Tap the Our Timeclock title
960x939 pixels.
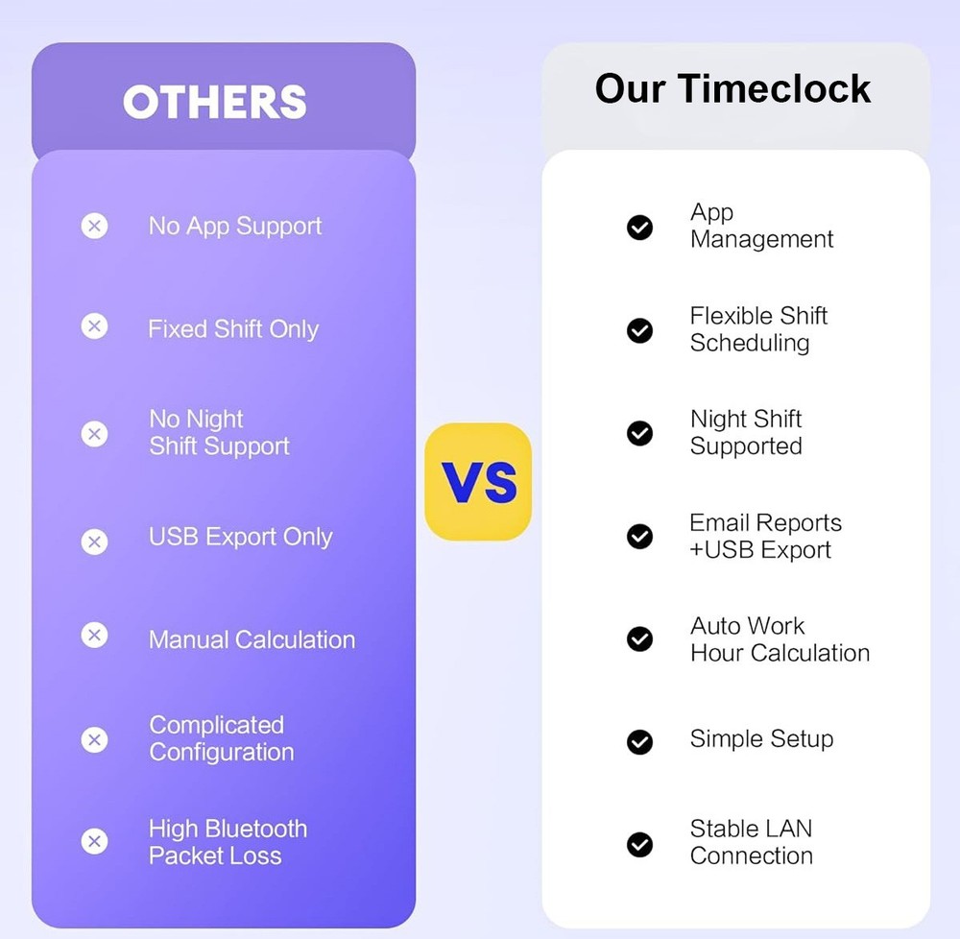coord(732,88)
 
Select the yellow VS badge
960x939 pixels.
coord(478,481)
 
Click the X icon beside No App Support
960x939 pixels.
coord(94,227)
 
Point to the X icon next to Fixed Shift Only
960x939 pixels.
coord(94,327)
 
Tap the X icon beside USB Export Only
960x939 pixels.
coord(94,542)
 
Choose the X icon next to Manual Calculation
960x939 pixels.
coord(94,636)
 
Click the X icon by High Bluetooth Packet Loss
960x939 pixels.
coord(94,842)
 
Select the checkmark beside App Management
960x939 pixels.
coord(639,227)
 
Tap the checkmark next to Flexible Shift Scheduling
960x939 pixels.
coord(639,330)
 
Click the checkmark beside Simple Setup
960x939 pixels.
coord(639,741)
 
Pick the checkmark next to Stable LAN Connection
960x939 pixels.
coord(639,844)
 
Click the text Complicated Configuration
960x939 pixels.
coord(221,738)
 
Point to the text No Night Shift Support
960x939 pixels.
coord(219,432)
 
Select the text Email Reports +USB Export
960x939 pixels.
coord(764,536)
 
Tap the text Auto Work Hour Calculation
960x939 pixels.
coord(779,639)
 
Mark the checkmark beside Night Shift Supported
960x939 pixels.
coord(639,433)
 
